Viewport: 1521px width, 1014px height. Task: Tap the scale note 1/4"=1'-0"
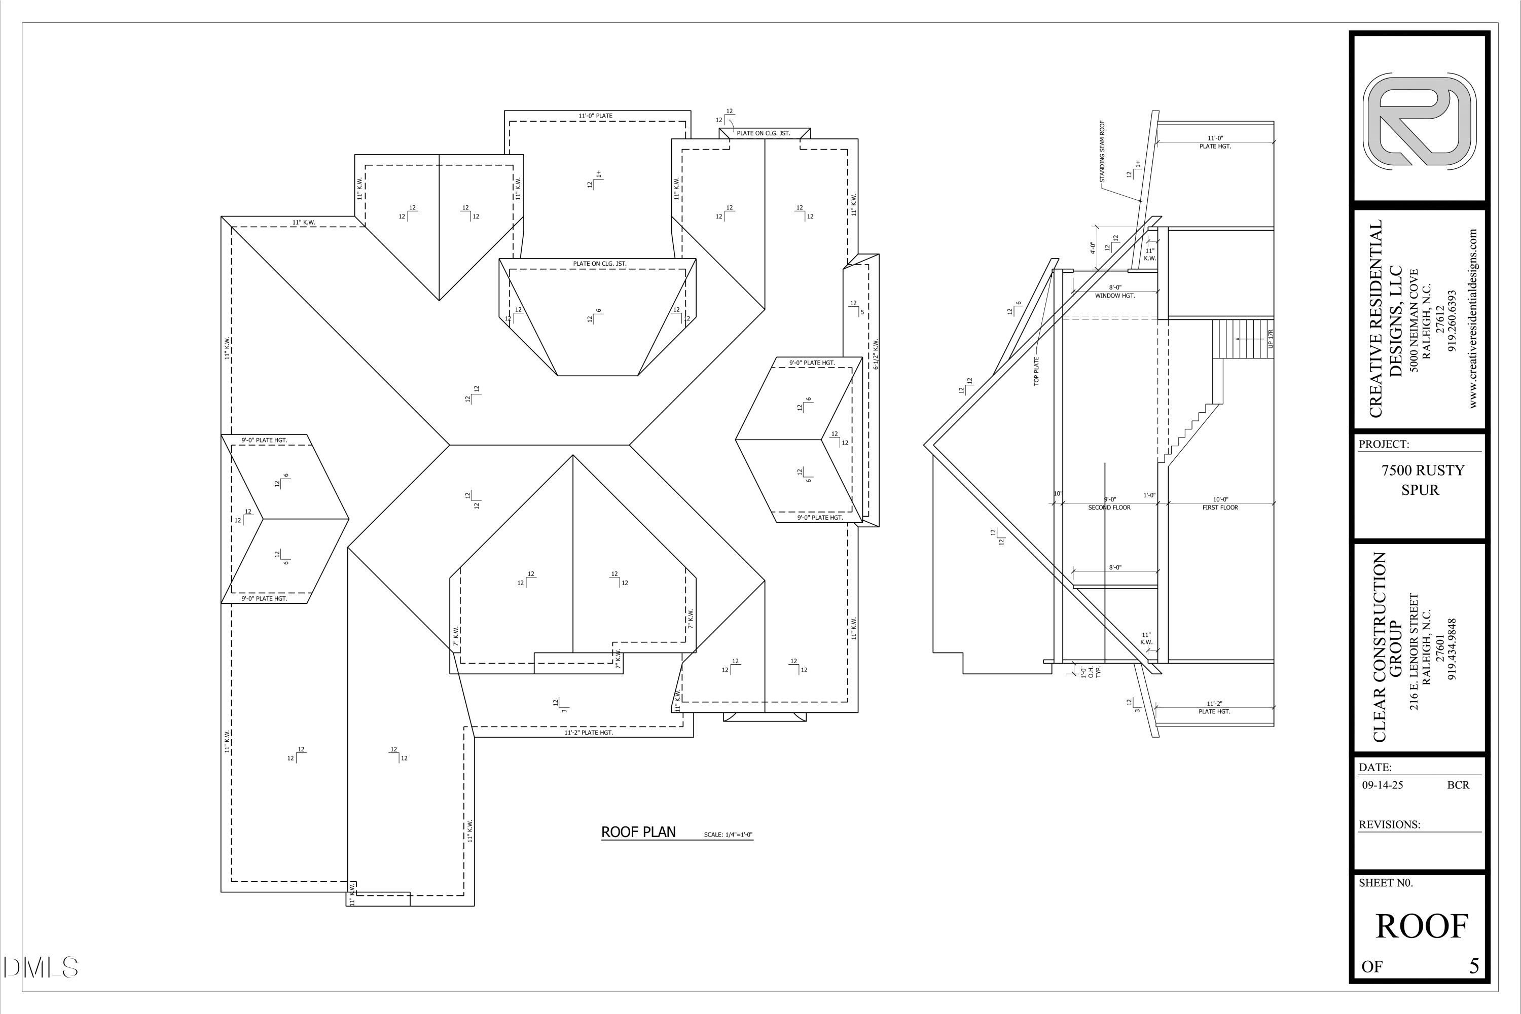click(x=728, y=835)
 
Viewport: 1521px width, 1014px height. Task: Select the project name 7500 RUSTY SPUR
click(x=1423, y=480)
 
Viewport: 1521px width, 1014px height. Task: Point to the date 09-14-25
click(x=1383, y=785)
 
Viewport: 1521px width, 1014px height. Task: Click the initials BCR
click(x=1458, y=785)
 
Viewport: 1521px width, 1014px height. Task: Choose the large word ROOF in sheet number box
click(x=1422, y=927)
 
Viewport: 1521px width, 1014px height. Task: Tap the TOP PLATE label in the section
click(x=1036, y=371)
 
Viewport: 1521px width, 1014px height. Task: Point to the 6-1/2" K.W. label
click(x=876, y=354)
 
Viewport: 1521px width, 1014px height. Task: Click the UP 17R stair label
click(x=1271, y=339)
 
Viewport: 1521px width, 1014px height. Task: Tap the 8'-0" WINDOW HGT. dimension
click(x=1115, y=292)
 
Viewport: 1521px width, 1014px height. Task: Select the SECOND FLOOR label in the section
click(x=1110, y=508)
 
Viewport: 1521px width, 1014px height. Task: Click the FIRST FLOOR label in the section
click(x=1220, y=508)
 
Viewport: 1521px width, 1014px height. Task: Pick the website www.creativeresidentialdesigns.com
click(x=1473, y=318)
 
